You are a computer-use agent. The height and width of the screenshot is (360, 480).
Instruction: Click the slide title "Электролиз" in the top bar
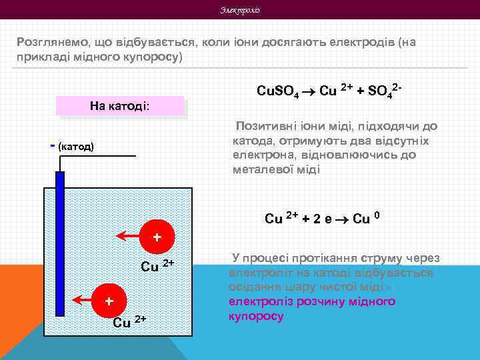coord(240,10)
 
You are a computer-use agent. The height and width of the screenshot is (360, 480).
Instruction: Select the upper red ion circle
coord(157,237)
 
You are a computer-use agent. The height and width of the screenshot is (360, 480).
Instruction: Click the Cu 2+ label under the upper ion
coord(157,265)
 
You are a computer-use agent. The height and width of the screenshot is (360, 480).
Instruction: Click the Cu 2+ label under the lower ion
coord(129,323)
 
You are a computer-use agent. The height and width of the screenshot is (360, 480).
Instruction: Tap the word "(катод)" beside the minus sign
coord(76,145)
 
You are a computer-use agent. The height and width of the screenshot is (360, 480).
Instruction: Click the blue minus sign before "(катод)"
coord(53,144)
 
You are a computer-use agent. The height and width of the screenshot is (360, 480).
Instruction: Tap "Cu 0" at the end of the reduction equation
coord(366,218)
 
